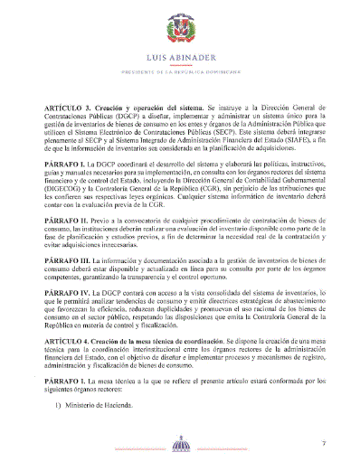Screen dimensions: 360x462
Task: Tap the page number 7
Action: tap(308, 441)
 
